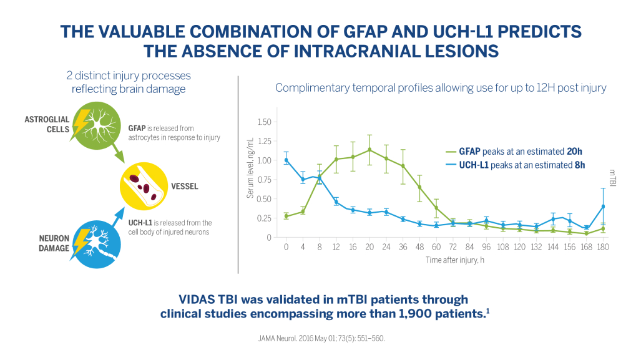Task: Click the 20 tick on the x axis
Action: point(369,247)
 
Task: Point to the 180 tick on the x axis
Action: point(603,247)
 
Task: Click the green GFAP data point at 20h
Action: point(369,150)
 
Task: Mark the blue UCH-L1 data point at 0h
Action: point(286,160)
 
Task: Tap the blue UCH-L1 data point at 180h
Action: point(603,207)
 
